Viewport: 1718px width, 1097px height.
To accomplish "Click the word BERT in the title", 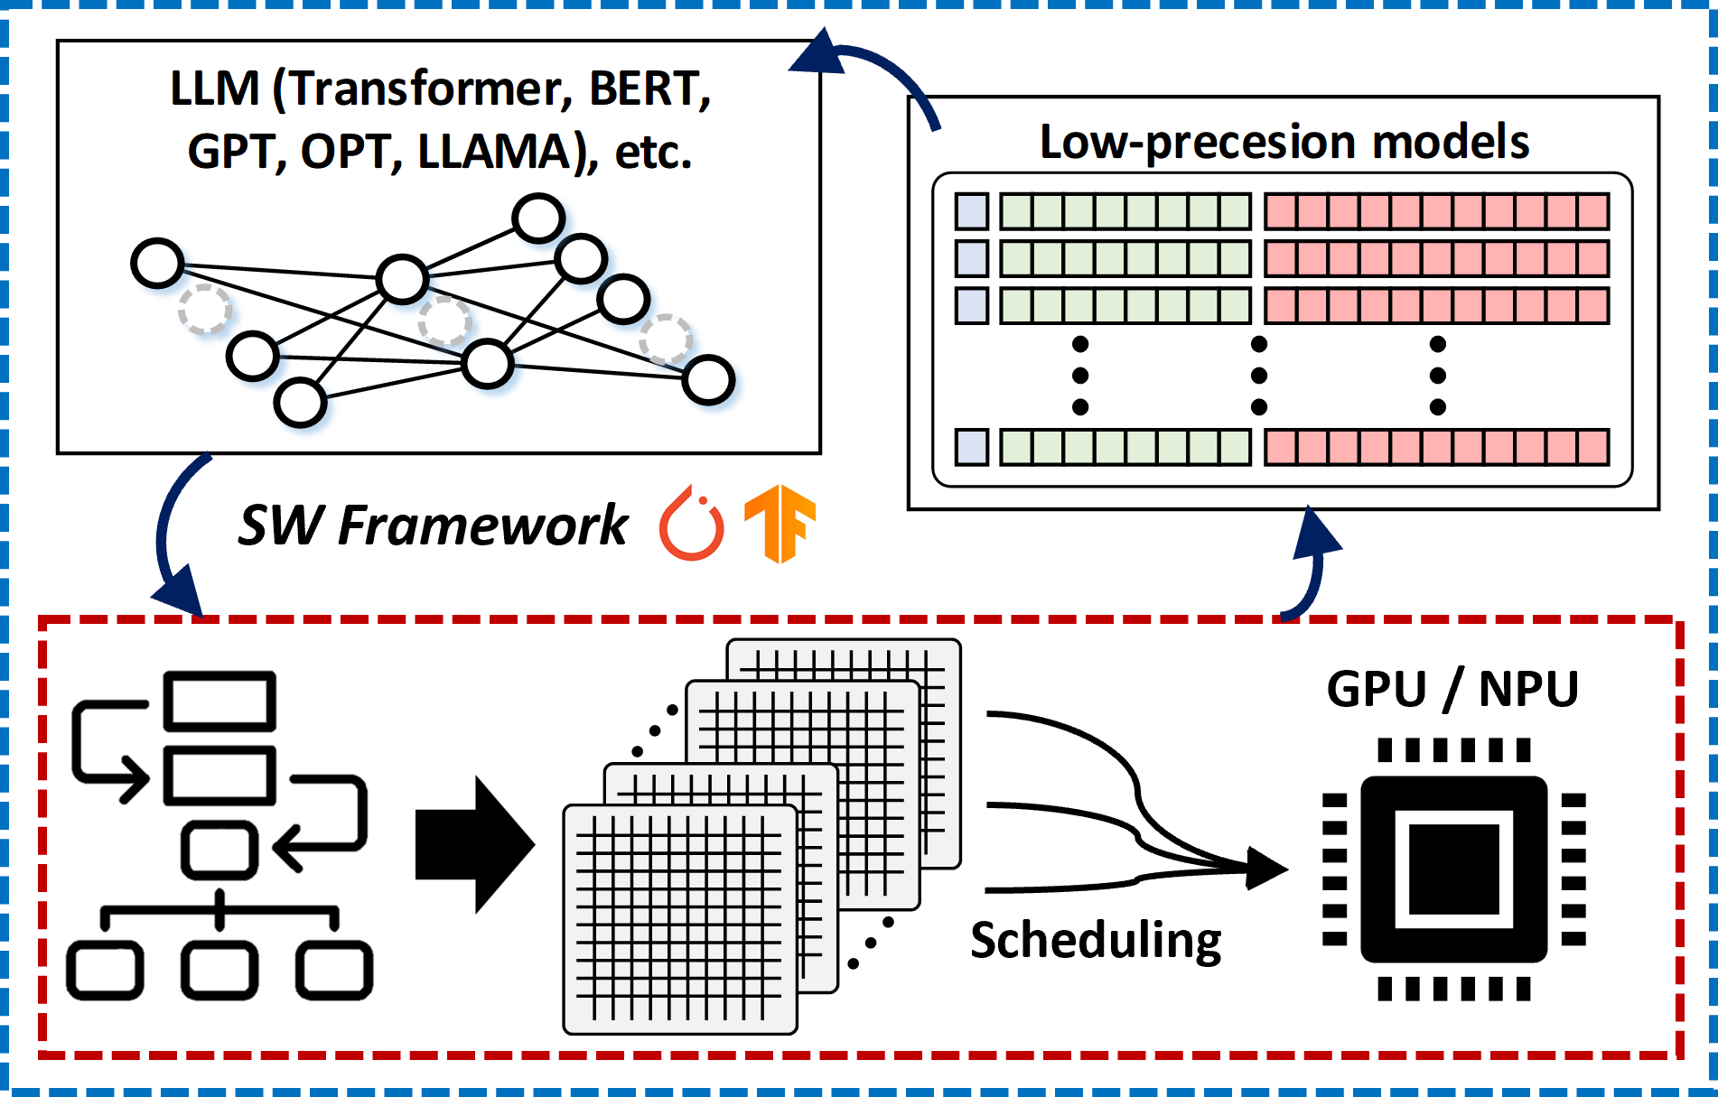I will click(643, 89).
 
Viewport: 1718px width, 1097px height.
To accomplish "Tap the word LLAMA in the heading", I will click(495, 152).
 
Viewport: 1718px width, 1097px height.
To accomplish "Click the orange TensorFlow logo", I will click(780, 525).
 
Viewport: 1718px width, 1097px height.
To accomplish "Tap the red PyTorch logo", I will click(691, 523).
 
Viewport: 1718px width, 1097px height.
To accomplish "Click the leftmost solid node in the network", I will click(158, 263).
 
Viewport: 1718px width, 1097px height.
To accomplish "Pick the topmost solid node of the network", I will click(538, 218).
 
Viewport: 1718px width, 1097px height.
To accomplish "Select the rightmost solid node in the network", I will click(708, 380).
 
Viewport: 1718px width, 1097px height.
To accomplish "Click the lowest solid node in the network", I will click(300, 403).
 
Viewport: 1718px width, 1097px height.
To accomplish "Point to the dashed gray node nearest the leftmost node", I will click(204, 310).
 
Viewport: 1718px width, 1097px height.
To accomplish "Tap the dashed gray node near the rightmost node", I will click(666, 339).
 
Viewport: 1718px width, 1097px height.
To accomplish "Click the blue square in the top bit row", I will click(972, 211).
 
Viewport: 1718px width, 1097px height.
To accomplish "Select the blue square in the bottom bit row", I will click(972, 447).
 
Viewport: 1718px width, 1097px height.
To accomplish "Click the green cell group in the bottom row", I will click(1125, 447).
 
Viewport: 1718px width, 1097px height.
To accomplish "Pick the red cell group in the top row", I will click(1436, 211).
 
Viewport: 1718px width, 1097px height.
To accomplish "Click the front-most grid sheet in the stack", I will click(679, 919).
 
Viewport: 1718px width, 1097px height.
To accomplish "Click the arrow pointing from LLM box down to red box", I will click(172, 542).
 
